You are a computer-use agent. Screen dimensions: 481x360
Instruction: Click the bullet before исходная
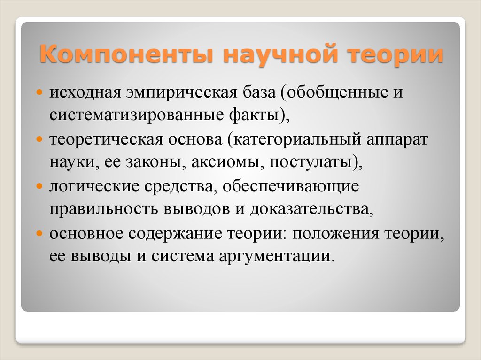[x=39, y=92]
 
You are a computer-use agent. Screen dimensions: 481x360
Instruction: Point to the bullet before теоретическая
[x=39, y=139]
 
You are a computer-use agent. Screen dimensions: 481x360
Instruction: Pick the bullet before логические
[x=39, y=186]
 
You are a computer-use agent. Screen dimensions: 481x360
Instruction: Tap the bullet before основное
[x=39, y=233]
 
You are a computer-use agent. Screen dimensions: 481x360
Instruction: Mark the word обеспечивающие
[x=290, y=187]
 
